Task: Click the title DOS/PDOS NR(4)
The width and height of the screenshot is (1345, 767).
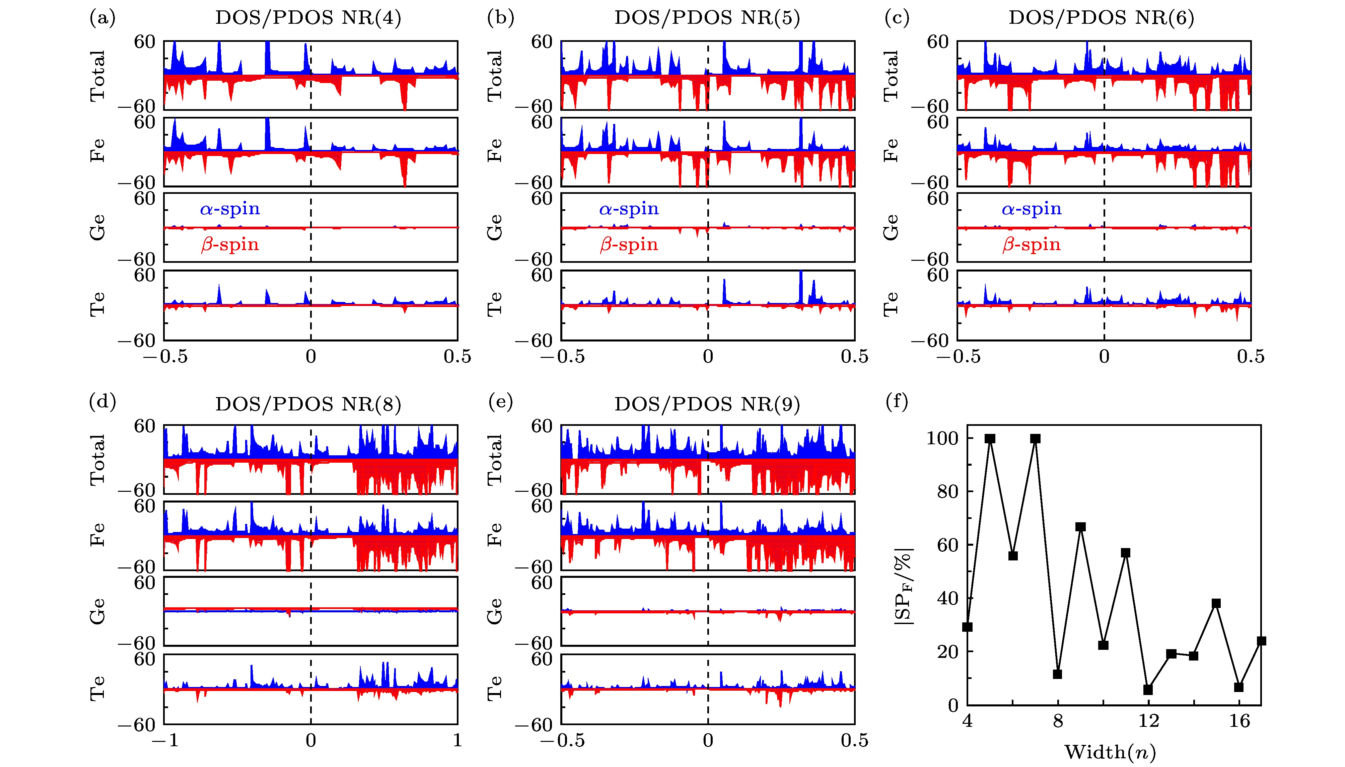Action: pos(308,18)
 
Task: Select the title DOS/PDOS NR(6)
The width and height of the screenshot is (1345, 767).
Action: pos(1101,18)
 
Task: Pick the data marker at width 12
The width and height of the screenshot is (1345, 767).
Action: pos(1148,690)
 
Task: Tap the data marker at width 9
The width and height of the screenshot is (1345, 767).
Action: pos(1080,527)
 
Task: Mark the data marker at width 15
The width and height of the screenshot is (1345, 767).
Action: pos(1216,603)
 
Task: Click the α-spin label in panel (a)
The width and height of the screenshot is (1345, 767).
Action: pos(230,209)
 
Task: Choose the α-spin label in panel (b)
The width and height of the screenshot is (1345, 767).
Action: pos(629,209)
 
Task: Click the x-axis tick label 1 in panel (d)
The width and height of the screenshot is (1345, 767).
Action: pos(457,741)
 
